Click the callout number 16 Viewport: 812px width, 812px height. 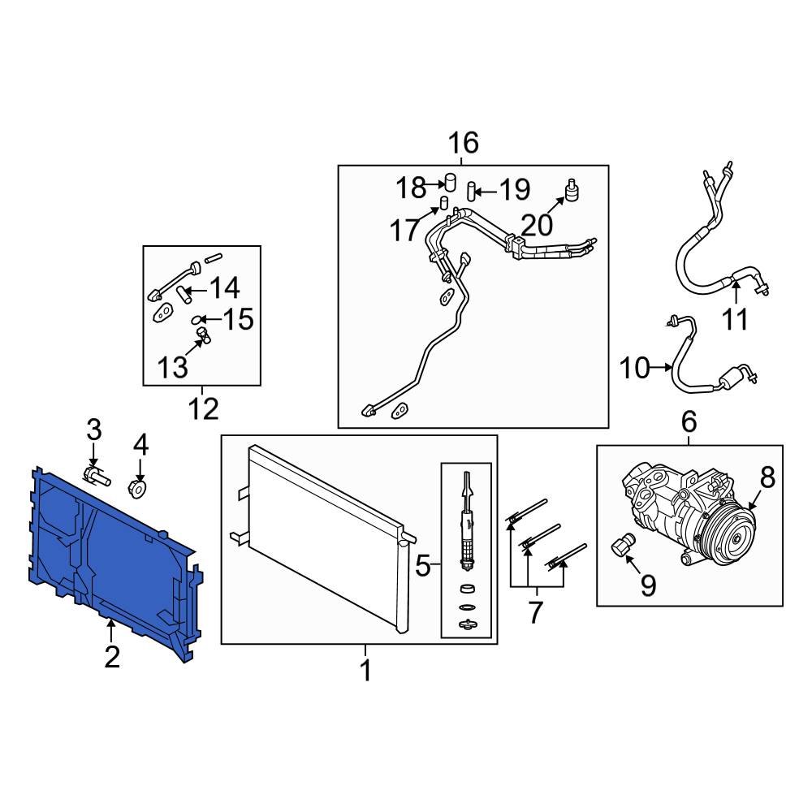(464, 144)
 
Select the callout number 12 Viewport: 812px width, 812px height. (203, 408)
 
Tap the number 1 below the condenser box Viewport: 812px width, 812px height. (365, 671)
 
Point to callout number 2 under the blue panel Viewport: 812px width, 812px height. (111, 656)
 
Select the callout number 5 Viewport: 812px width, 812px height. (422, 565)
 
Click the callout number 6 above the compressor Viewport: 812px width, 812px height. (689, 422)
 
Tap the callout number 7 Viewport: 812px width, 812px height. (534, 612)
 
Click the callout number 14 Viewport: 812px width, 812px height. (225, 287)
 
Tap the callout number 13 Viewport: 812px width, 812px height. (172, 368)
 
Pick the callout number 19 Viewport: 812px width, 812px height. (513, 190)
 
